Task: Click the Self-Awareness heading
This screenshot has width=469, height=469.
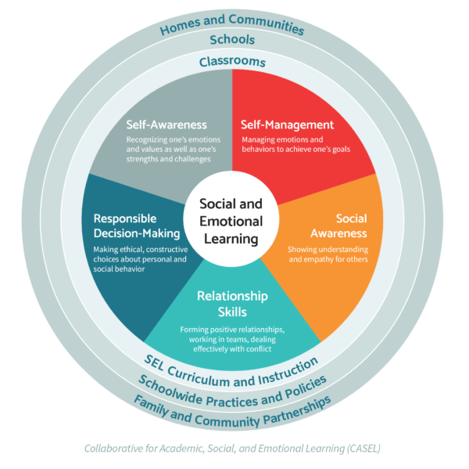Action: coord(166,124)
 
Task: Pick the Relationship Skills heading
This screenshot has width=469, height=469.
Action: coord(232,304)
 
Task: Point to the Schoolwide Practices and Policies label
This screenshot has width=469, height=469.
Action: coord(232,384)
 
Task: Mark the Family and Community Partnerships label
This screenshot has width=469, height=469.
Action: coord(232,402)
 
